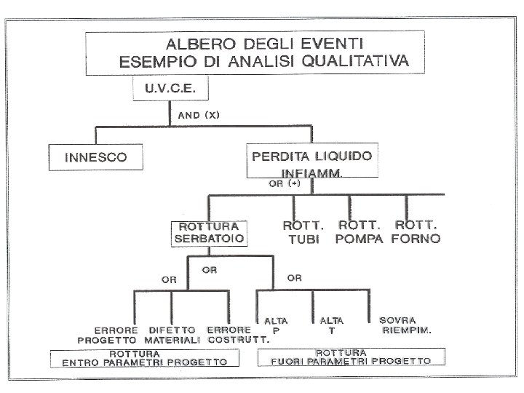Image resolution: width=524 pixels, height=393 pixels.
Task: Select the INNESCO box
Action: [96, 156]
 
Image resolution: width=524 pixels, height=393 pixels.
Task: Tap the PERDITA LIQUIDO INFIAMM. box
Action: [311, 163]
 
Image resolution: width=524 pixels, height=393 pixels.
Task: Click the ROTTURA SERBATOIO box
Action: [208, 232]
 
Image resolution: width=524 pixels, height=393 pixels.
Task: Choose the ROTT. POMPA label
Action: [360, 232]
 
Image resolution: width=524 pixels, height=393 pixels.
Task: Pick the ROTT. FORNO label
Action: [416, 232]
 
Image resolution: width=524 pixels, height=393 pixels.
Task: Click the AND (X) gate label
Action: [199, 115]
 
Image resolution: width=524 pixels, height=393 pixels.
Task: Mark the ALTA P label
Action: [276, 325]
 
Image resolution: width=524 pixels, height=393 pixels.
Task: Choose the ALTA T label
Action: [331, 325]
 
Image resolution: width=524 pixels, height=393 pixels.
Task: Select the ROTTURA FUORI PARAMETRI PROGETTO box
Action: [351, 356]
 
